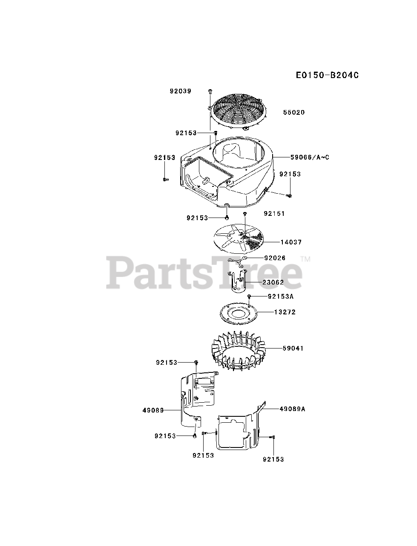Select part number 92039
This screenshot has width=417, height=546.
pos(180,91)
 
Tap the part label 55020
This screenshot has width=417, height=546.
pos(294,112)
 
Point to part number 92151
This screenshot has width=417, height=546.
pos(274,213)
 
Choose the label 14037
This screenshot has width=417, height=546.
pos(291,242)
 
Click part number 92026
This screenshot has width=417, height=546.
pos(275,258)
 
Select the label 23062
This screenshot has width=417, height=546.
pos(273,282)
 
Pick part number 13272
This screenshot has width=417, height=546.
pos(285,312)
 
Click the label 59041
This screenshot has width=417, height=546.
pos(293,349)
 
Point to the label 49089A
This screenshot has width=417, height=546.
pos(293,409)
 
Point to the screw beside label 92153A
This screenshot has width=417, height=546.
pos(250,296)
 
